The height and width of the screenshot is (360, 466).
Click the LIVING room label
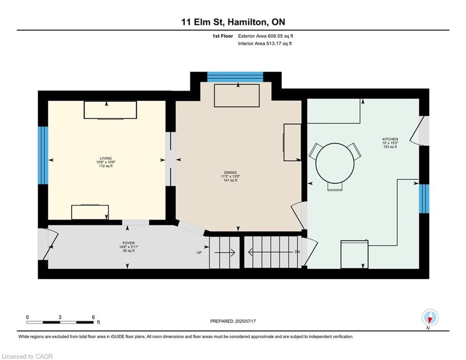[x=106, y=158]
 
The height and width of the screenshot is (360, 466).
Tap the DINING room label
[x=230, y=172]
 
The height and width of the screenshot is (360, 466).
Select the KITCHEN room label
[x=390, y=139]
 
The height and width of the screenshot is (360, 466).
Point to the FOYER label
[x=129, y=243]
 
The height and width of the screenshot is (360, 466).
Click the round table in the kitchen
[x=335, y=163]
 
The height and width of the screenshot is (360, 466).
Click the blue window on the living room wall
[x=43, y=155]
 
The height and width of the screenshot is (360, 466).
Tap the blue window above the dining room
[x=235, y=77]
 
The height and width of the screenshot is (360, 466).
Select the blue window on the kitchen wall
[x=424, y=199]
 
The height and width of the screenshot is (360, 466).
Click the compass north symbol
[x=430, y=318]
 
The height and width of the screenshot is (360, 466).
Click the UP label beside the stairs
[x=199, y=253]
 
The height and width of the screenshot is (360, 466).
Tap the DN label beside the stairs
[x=297, y=252]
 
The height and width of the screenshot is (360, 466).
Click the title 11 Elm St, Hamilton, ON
[x=233, y=22]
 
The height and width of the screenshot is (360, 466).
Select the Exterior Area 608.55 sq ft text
[x=266, y=36]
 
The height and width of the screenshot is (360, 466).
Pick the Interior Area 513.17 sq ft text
[x=265, y=44]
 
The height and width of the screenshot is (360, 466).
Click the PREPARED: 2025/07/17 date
[x=233, y=321]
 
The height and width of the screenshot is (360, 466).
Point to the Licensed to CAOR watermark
[x=27, y=356]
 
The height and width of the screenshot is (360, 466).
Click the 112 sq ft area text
[x=106, y=166]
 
